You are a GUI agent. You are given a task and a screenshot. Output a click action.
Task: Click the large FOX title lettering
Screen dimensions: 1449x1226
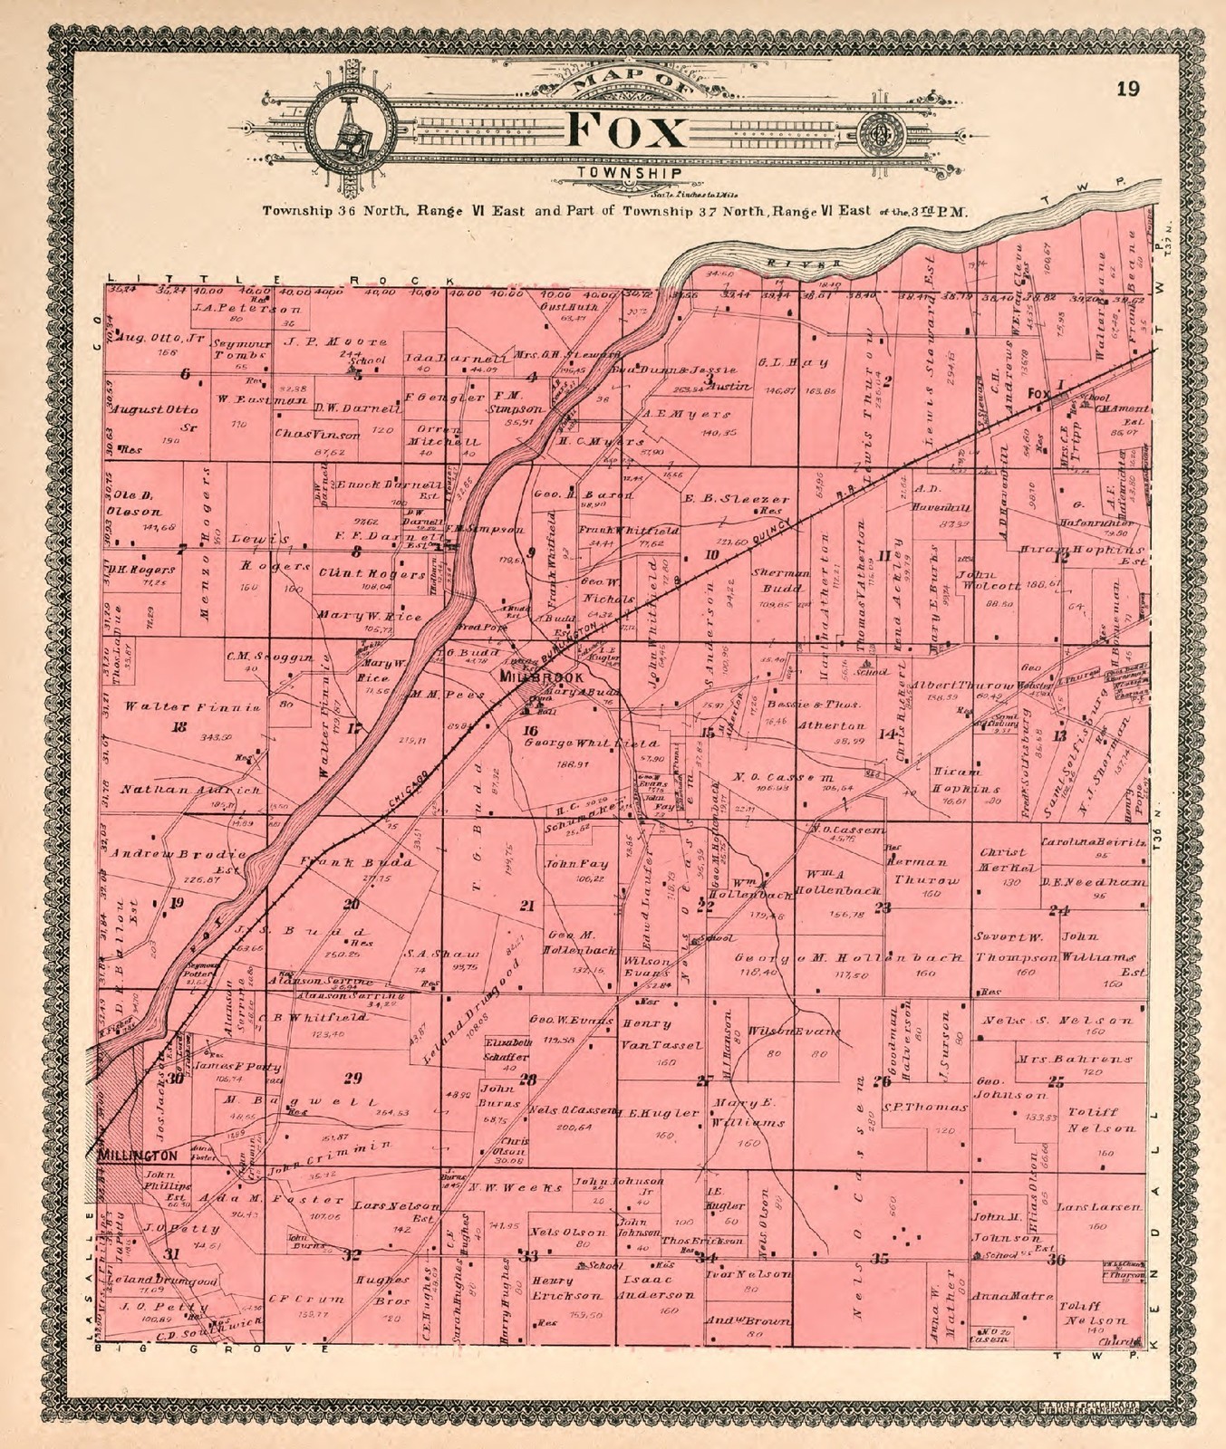click(626, 132)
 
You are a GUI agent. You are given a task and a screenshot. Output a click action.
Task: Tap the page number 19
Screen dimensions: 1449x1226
click(1128, 89)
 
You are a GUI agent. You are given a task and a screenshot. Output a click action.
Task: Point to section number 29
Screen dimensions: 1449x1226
click(353, 1077)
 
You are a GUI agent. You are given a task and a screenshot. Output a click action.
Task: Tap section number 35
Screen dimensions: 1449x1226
click(879, 1258)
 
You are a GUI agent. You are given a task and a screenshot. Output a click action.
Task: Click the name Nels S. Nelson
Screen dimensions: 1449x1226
click(1057, 1021)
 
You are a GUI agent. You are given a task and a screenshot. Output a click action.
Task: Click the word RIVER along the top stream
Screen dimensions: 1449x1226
click(787, 264)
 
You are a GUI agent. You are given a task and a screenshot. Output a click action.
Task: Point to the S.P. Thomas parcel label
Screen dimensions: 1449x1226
click(919, 1108)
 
